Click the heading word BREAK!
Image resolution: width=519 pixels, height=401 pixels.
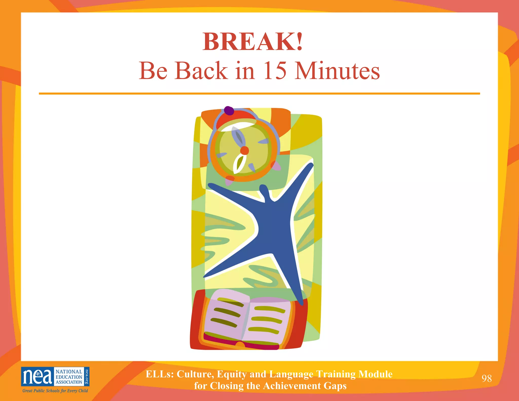pos(253,42)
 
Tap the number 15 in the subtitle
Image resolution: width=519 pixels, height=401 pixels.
pos(275,71)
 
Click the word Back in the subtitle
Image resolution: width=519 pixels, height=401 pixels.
pos(201,71)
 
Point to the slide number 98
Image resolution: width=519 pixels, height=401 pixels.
pos(487,378)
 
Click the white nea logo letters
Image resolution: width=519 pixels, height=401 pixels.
pos(38,377)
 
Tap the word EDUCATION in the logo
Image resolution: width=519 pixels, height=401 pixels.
pos(69,377)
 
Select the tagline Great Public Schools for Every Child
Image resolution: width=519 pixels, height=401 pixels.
pos(55,391)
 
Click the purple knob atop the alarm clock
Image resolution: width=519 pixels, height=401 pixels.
pos(229,111)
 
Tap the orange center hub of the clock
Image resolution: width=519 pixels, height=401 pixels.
pos(245,151)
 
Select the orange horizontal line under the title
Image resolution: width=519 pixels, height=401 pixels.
pos(259,94)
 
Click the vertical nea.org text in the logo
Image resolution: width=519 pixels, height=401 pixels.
pos(87,376)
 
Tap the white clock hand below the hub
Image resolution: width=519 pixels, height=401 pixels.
pos(239,163)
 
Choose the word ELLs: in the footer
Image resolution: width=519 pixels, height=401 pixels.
pos(160,374)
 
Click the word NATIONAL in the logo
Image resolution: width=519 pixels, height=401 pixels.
pos(69,372)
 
